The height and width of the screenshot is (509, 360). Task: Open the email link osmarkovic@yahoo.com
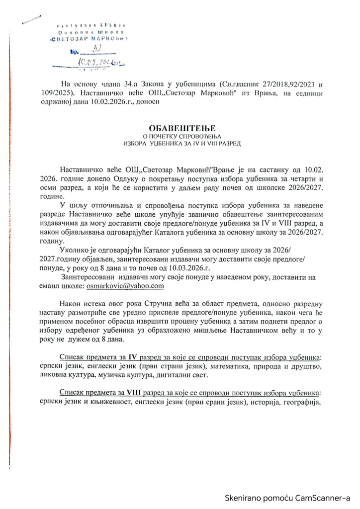pyautogui.click(x=124, y=286)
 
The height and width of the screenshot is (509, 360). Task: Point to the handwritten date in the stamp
pyautogui.click(x=99, y=62)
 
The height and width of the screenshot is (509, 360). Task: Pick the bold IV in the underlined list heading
pyautogui.click(x=132, y=357)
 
